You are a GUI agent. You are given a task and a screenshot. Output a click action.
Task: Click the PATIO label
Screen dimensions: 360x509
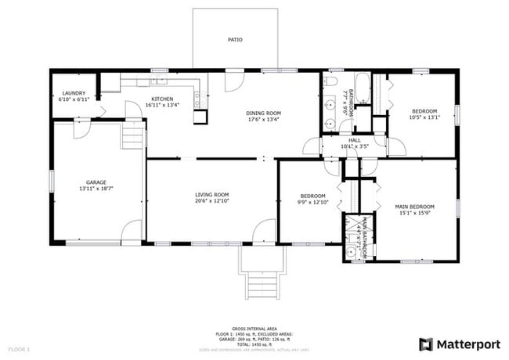click(x=235, y=39)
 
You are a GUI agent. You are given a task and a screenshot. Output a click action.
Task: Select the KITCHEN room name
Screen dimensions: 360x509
click(x=162, y=99)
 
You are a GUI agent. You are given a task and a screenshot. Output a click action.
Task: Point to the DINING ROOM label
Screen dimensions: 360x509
click(x=264, y=113)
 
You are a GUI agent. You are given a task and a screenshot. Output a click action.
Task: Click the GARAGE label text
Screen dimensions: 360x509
click(x=96, y=182)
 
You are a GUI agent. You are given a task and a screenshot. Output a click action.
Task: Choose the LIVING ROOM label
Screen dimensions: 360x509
click(x=211, y=194)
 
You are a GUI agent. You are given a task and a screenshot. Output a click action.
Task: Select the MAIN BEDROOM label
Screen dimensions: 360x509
click(x=415, y=207)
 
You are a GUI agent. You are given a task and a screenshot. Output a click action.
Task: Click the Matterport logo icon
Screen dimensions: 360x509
click(x=426, y=344)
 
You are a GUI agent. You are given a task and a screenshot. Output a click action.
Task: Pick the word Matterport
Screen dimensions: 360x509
click(x=468, y=344)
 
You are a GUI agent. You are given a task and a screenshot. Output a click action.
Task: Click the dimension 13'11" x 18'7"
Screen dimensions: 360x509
click(x=96, y=189)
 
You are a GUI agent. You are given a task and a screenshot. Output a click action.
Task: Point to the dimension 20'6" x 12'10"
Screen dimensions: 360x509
click(x=211, y=200)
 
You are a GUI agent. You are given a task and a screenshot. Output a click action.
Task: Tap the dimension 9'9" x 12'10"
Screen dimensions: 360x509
click(x=313, y=202)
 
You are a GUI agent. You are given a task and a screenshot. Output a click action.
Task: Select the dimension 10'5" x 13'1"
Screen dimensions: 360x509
click(x=425, y=117)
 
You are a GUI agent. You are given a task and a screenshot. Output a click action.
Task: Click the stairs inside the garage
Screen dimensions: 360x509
click(x=133, y=138)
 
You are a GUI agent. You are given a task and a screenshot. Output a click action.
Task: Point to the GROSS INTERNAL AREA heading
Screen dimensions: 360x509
click(x=254, y=329)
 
